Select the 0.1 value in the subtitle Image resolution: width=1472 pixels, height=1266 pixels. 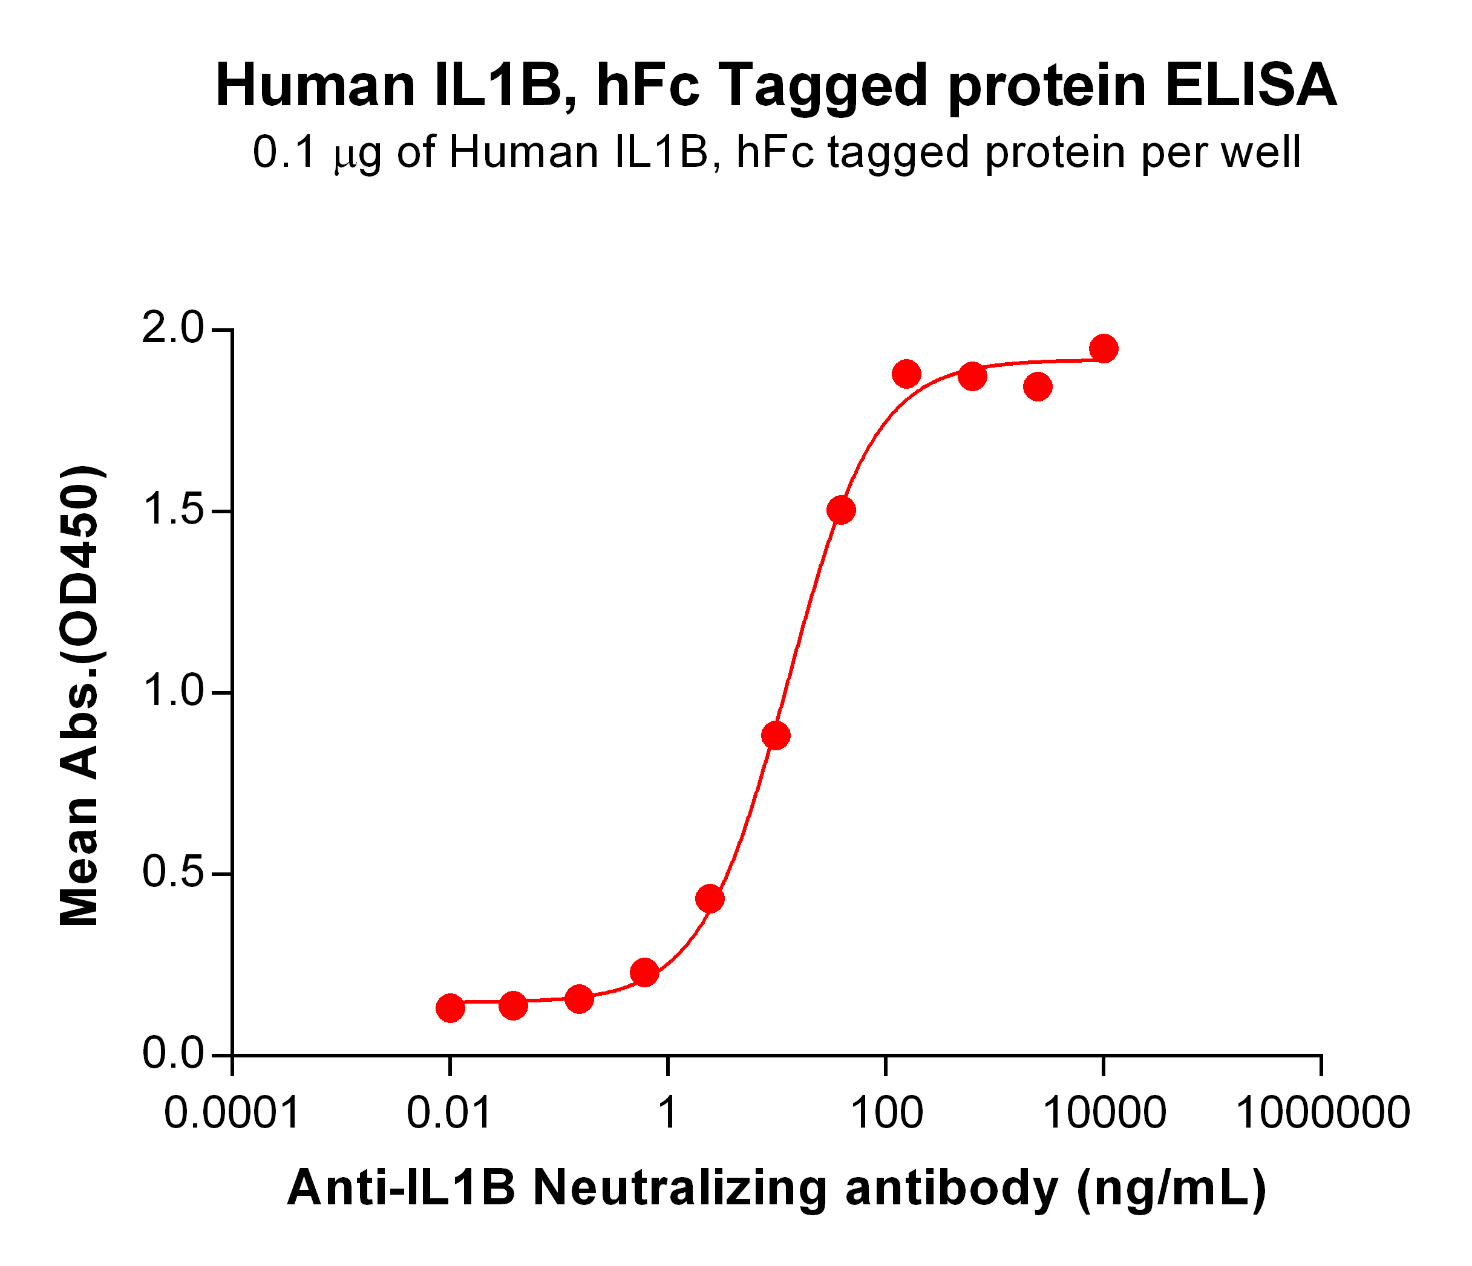tap(284, 153)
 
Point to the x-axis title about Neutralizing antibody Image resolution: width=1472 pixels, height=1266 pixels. tap(776, 1188)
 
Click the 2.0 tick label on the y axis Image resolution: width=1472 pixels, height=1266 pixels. tap(172, 330)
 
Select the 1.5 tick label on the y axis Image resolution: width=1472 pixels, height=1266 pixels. tap(172, 511)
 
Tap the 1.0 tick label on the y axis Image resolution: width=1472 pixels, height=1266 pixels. tap(172, 692)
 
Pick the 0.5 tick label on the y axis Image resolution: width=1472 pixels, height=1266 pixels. tap(172, 874)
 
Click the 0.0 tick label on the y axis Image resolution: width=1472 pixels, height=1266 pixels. tap(172, 1055)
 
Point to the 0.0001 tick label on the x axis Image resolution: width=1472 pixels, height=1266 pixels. tap(232, 1112)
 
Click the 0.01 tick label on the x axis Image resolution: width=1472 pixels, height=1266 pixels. tap(449, 1112)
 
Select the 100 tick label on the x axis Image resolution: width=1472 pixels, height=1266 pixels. tap(886, 1112)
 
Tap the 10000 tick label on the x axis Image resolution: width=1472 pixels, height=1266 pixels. tap(1104, 1112)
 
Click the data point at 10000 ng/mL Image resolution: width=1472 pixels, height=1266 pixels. tap(1104, 349)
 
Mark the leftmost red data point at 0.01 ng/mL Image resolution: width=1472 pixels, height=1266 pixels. tap(450, 1008)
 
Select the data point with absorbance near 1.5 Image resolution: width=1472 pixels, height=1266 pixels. tap(841, 510)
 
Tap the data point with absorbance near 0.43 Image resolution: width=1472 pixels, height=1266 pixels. tap(710, 899)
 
